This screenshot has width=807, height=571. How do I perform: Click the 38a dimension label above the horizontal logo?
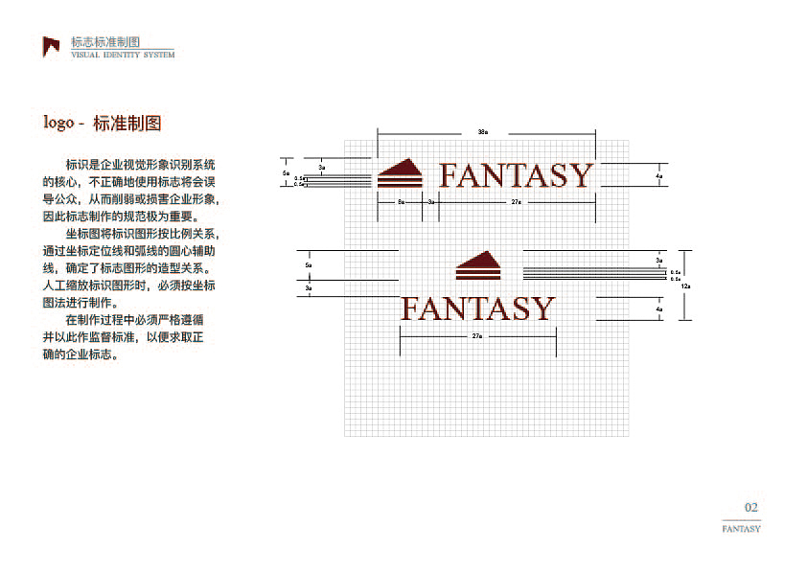click(x=483, y=131)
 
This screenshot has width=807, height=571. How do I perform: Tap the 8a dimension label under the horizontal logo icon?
click(x=401, y=202)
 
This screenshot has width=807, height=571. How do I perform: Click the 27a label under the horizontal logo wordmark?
click(x=516, y=202)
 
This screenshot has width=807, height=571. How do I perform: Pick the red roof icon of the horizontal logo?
click(x=400, y=172)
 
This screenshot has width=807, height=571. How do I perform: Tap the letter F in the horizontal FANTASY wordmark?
click(x=449, y=176)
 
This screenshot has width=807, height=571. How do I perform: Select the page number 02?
click(x=751, y=508)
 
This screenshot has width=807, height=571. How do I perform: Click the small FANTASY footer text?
click(x=741, y=529)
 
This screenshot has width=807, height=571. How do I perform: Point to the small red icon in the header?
click(x=51, y=46)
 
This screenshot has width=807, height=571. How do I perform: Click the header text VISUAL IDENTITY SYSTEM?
click(x=123, y=56)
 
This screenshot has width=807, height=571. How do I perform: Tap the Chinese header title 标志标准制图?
click(x=105, y=42)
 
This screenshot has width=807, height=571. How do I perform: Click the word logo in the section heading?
click(x=58, y=124)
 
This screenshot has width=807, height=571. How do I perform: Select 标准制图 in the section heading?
click(x=127, y=124)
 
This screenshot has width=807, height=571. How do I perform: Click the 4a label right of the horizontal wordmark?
click(x=659, y=176)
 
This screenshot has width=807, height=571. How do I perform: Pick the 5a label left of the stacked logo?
click(x=309, y=264)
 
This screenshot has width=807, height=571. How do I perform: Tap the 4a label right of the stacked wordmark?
click(x=659, y=309)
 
